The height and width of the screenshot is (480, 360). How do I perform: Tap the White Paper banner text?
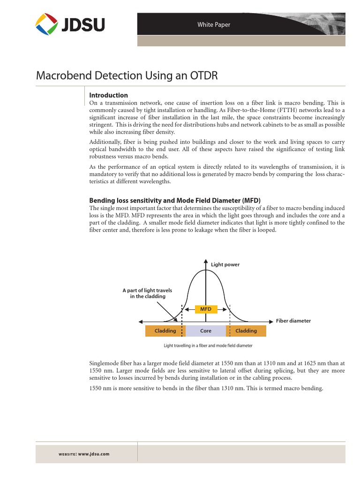pyautogui.click(x=214, y=25)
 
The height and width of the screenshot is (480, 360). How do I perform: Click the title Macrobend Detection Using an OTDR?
pyautogui.click(x=127, y=76)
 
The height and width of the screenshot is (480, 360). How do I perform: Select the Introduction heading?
pyautogui.click(x=109, y=95)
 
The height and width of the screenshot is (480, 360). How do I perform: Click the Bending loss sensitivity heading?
pyautogui.click(x=175, y=200)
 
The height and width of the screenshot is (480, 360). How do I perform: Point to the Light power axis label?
pyautogui.click(x=225, y=265)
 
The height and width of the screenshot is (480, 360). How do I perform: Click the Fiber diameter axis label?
pyautogui.click(x=293, y=321)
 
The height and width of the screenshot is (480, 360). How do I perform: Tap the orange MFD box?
pyautogui.click(x=206, y=309)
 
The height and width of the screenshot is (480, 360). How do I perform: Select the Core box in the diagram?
pyautogui.click(x=206, y=331)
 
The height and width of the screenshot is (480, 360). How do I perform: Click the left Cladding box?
pyautogui.click(x=165, y=331)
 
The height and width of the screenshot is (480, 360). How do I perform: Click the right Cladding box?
pyautogui.click(x=246, y=331)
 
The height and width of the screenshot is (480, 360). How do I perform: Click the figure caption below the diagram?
pyautogui.click(x=208, y=345)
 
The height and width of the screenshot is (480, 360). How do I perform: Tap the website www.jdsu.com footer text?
pyautogui.click(x=83, y=454)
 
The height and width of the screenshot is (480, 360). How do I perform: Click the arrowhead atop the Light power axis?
pyautogui.click(x=206, y=261)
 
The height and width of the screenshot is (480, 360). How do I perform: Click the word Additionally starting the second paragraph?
pyautogui.click(x=105, y=141)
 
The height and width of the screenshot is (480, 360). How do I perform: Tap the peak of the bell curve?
pyautogui.click(x=206, y=271)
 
